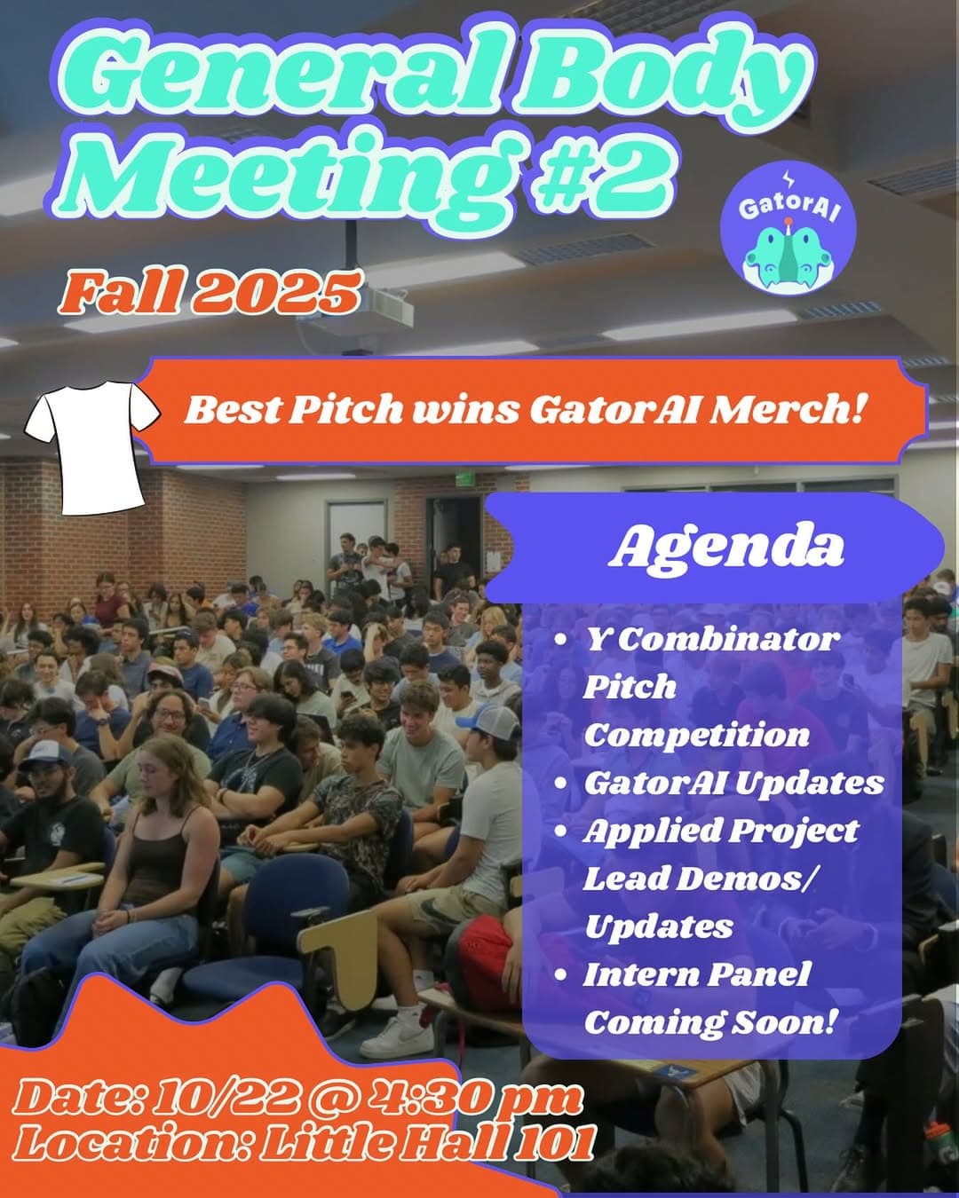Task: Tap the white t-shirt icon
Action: click(91, 445)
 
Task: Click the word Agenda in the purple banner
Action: click(725, 548)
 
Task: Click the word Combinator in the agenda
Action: click(727, 639)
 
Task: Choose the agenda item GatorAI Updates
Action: click(733, 783)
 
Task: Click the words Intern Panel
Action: click(696, 974)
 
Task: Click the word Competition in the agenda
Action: click(696, 735)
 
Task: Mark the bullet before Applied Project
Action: click(560, 832)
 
